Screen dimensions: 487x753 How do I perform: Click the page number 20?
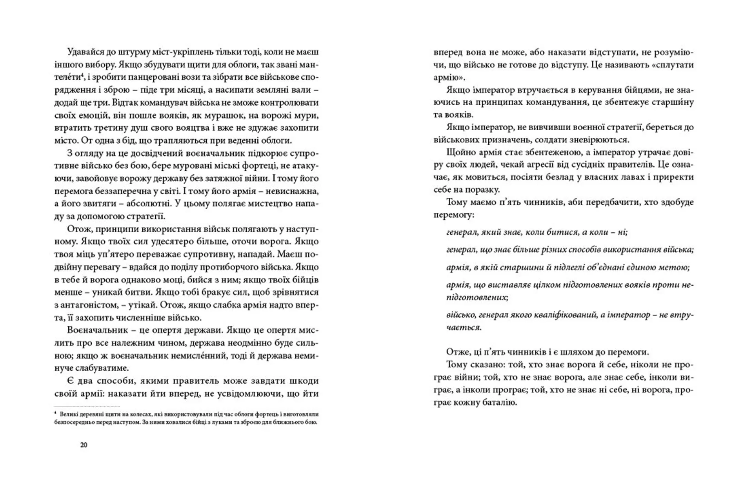point(84,445)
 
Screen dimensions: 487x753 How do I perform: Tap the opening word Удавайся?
point(85,52)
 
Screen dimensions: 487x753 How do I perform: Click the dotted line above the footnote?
point(87,406)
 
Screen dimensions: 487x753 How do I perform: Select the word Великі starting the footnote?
point(68,414)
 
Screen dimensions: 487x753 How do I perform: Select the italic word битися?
point(561,232)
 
